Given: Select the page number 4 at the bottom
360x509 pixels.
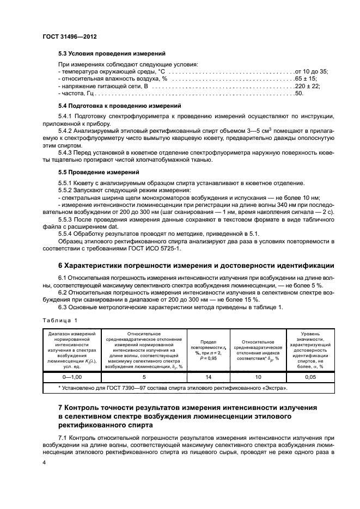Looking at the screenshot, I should pos(44,462).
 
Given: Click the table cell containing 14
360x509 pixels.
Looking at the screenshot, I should pos(209,376).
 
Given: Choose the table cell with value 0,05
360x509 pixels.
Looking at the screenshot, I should pos(309,376).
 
